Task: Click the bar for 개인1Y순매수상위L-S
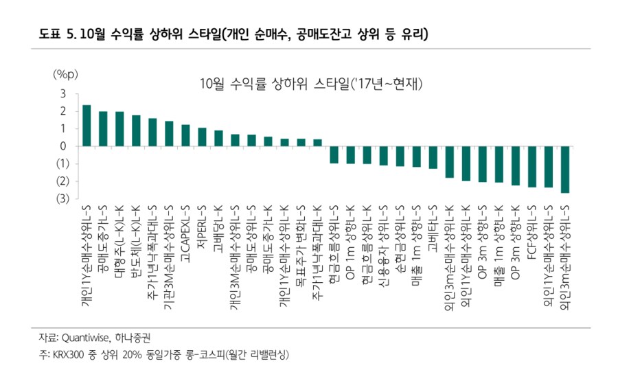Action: coord(87,126)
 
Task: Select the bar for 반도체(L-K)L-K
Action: coord(136,131)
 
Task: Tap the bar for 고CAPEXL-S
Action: coord(185,135)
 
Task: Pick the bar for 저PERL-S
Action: coord(202,137)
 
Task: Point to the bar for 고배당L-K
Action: coord(218,139)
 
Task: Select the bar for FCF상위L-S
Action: coord(532,166)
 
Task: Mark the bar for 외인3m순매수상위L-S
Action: coord(565,170)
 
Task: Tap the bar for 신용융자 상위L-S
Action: coord(384,156)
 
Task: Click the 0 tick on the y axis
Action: coord(62,146)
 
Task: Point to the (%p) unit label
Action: coord(67,74)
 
